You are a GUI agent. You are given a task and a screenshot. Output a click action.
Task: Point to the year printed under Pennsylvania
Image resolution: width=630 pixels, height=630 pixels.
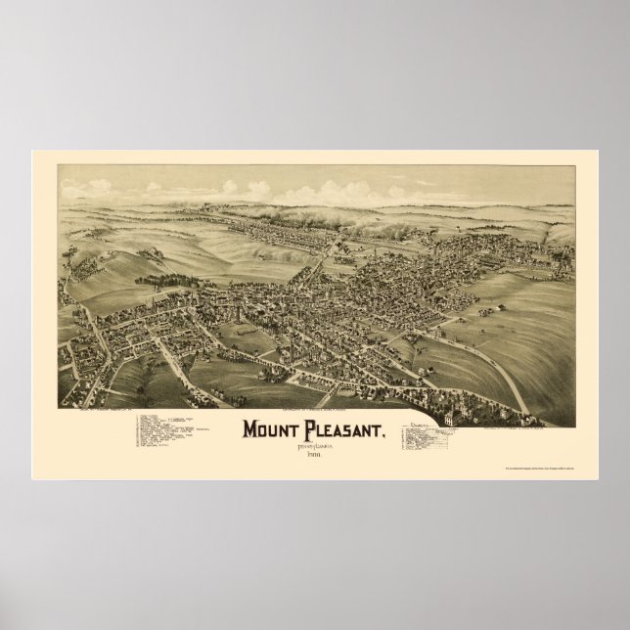[x=316, y=431]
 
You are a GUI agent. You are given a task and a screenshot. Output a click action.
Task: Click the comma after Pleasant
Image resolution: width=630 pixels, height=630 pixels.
[x=397, y=411]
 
